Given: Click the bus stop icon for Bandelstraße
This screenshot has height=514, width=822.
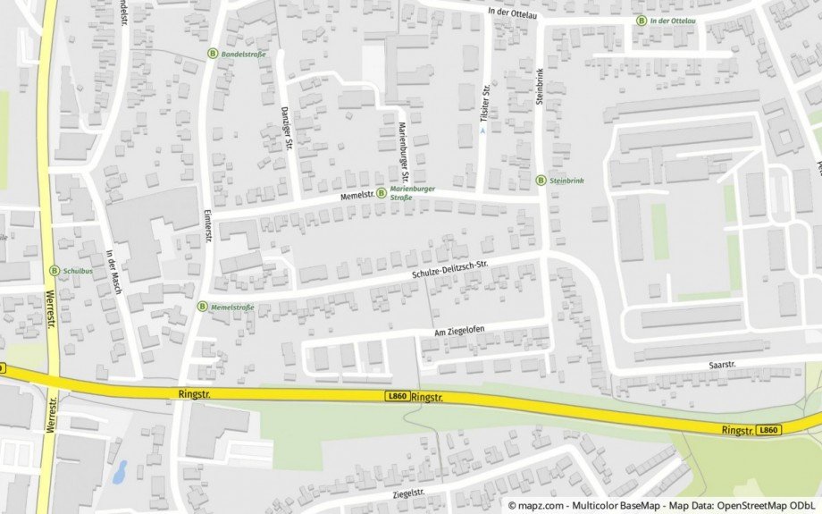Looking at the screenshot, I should [213, 54].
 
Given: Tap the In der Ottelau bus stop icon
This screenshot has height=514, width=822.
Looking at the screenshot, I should [641, 20].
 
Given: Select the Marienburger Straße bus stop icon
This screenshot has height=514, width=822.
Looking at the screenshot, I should [382, 192].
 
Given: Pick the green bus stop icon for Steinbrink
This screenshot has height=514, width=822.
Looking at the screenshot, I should [541, 180].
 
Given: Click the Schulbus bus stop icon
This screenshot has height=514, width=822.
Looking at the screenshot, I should [54, 270].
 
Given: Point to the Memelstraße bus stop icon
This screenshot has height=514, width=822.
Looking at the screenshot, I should [201, 307].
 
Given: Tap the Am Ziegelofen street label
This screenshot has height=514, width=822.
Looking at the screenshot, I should [458, 331].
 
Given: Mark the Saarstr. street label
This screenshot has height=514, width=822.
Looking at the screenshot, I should [721, 365].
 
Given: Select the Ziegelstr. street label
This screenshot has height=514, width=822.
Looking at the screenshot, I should [407, 493].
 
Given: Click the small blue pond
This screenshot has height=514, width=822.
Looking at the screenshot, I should [120, 471].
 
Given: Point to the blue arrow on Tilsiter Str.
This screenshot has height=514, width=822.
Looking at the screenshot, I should [483, 131].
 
